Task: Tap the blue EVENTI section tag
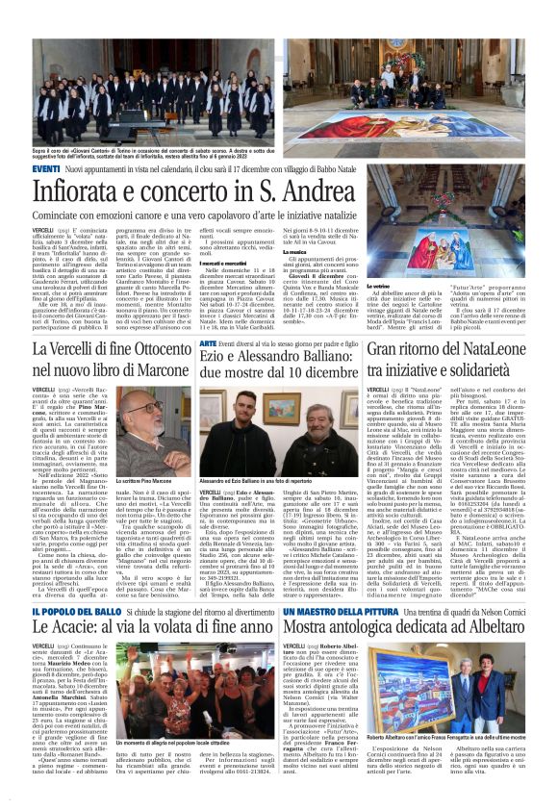coord(47,169)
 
